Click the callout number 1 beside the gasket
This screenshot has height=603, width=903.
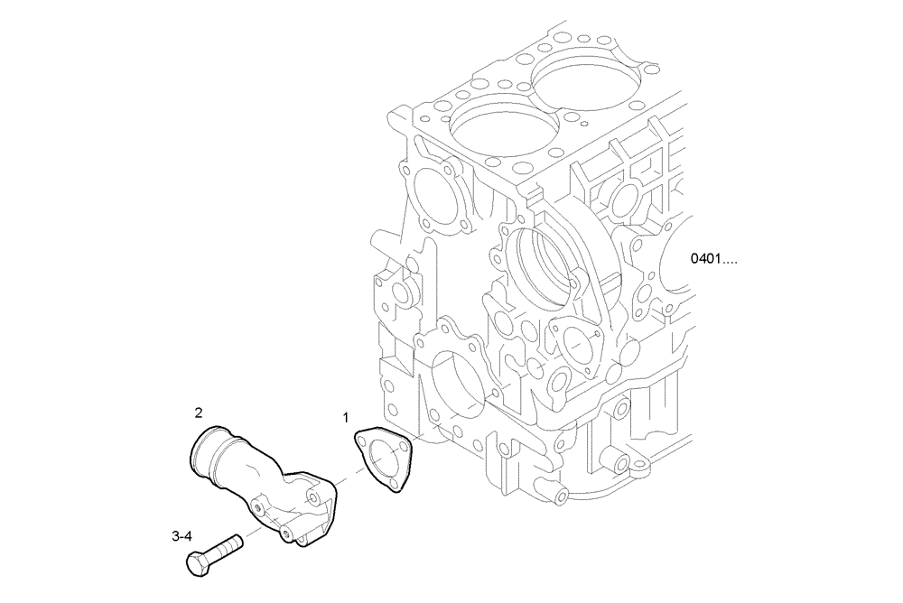click(344, 417)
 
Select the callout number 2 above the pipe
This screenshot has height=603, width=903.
click(198, 413)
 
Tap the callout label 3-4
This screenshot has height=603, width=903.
click(182, 536)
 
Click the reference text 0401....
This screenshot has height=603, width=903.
click(713, 260)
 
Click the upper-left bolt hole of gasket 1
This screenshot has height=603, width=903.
click(362, 442)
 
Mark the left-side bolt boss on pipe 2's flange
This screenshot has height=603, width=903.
click(261, 507)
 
